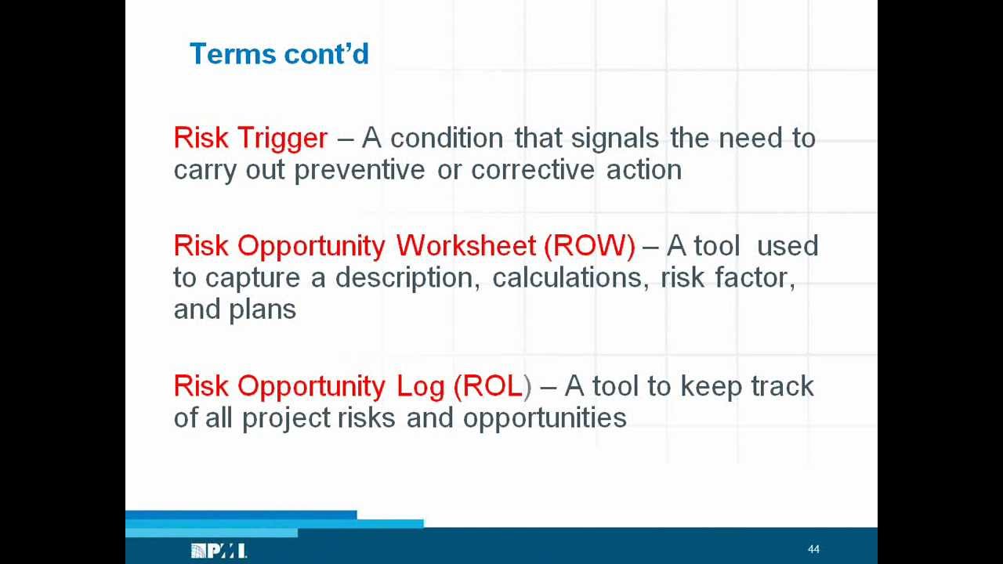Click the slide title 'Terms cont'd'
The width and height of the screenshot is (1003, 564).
(279, 54)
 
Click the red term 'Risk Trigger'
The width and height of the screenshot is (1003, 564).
(250, 138)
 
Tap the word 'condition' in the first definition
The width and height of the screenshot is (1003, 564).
(447, 138)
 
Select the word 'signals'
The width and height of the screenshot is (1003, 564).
(614, 138)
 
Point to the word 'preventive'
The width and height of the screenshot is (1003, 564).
(359, 170)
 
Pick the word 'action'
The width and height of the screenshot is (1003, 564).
(643, 170)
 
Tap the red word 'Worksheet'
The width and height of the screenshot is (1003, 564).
(465, 246)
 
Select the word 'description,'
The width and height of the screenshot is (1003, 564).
(407, 278)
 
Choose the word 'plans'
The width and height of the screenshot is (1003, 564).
(263, 310)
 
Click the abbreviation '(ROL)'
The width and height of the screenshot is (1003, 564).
(492, 386)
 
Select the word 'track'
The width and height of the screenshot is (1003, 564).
(782, 386)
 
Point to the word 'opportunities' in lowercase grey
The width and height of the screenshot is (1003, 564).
(545, 418)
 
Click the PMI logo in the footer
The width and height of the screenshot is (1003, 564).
(219, 551)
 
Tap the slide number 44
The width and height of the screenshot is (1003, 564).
(813, 549)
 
